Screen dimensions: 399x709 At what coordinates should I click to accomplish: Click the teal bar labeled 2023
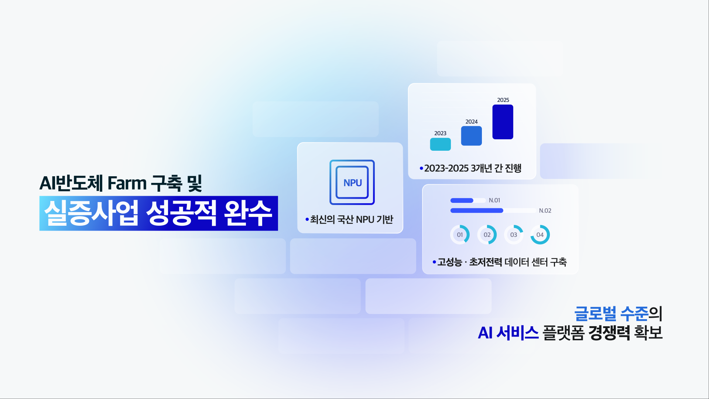point(440,144)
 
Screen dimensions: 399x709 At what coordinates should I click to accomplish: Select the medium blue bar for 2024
point(471,136)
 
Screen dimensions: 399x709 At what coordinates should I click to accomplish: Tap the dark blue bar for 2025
point(503,122)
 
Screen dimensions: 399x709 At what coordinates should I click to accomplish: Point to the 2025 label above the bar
point(503,100)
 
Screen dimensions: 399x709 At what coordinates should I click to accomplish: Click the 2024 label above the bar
point(471,122)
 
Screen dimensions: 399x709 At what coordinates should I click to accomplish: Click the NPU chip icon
point(352,182)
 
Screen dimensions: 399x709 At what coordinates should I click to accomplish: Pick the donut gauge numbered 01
point(460,235)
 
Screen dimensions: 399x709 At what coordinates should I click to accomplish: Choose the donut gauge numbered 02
point(487,235)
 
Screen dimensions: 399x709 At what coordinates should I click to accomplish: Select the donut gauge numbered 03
point(514,235)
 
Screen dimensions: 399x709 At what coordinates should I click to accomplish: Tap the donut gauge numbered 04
point(540,235)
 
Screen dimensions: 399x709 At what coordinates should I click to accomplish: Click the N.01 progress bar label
point(494,200)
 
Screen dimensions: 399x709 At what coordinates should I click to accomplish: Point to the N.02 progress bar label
point(545,211)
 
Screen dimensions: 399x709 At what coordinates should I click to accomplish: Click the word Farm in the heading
point(127,183)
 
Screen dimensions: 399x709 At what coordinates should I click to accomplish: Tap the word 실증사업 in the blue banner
point(91,213)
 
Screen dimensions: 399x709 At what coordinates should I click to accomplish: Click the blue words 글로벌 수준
point(611,314)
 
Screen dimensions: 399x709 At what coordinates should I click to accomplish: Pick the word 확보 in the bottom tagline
point(648,333)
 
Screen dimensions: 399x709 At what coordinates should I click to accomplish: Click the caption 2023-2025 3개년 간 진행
point(473,168)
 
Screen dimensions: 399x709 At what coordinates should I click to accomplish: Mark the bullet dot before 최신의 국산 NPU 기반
point(307,219)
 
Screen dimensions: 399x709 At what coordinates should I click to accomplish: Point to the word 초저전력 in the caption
point(485,262)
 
